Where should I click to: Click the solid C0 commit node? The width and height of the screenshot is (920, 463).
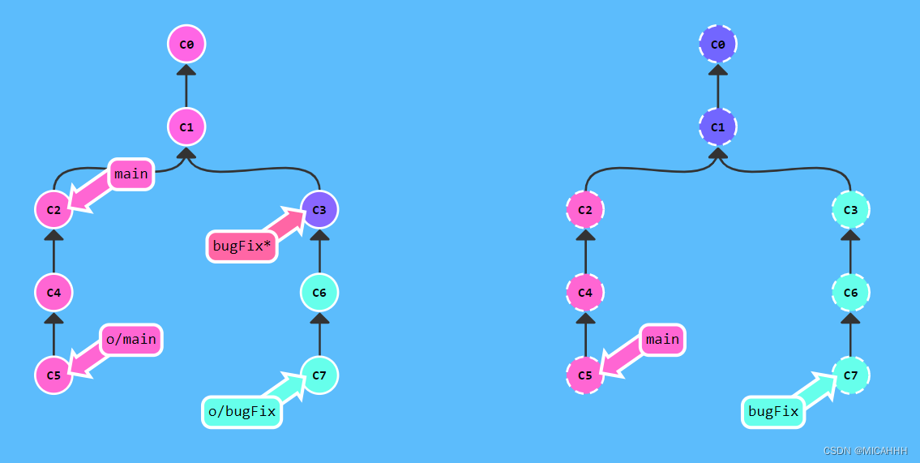(x=186, y=44)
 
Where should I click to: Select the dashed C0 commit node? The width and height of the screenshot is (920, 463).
(x=717, y=44)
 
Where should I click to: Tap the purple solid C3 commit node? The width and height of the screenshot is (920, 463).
(x=319, y=209)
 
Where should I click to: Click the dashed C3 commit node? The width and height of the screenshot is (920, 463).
(x=850, y=209)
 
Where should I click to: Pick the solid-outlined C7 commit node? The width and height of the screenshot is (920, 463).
(x=319, y=375)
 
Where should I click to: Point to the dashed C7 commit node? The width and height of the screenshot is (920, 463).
(x=850, y=375)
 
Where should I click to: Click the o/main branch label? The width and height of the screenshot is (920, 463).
(x=131, y=339)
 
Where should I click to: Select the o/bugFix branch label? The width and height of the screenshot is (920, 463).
(x=242, y=412)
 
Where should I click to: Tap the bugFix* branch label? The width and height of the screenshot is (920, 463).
(x=242, y=246)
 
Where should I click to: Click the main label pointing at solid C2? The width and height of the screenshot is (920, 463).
(x=131, y=174)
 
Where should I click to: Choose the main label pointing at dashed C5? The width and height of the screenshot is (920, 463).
(x=662, y=339)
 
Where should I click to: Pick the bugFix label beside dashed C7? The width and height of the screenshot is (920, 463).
(x=773, y=412)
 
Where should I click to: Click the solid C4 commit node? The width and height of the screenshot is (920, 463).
(x=53, y=292)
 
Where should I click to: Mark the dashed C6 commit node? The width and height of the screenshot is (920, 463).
(x=850, y=292)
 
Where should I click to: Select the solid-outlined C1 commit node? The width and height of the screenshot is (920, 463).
(x=186, y=126)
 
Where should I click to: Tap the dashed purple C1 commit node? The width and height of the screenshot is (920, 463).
(x=717, y=126)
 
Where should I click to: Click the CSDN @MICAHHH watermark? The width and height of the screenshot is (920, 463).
(x=865, y=451)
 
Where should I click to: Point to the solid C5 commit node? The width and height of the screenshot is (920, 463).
(x=53, y=375)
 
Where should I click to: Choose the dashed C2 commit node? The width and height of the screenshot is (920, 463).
(x=584, y=209)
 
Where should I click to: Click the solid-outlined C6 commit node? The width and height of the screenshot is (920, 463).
(x=319, y=292)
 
